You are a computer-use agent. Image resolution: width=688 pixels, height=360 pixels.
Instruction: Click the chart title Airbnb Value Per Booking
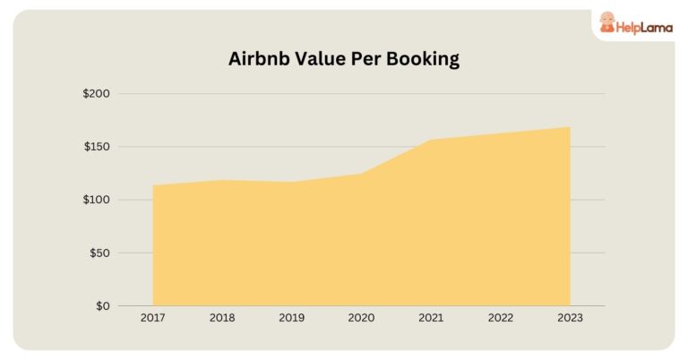[343, 59]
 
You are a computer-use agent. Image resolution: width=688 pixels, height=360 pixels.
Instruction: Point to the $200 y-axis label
[96, 94]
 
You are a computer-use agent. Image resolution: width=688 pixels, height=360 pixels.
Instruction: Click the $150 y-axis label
[96, 147]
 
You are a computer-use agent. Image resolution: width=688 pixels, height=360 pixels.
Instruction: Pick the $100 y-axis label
[96, 200]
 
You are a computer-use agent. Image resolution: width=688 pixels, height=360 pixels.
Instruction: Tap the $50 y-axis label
[99, 253]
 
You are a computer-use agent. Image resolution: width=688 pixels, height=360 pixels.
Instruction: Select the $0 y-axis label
[102, 305]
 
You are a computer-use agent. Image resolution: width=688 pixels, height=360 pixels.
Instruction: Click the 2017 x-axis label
[153, 318]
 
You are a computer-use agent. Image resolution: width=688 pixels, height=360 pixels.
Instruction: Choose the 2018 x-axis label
[222, 318]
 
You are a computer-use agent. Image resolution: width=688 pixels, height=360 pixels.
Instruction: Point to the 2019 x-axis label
[292, 318]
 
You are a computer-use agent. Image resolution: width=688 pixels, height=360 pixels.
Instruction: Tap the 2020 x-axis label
[361, 318]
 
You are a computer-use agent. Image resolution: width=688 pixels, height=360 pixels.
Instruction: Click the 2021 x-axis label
[431, 318]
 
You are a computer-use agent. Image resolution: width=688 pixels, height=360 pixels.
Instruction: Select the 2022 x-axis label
[500, 318]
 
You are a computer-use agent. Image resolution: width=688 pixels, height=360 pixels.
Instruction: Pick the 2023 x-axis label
[570, 318]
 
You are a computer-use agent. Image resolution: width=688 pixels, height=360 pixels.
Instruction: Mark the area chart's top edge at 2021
[431, 140]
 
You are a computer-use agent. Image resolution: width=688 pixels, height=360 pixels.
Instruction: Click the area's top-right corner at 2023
[569, 127]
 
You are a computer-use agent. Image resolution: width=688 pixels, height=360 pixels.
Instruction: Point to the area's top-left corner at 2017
[154, 186]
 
